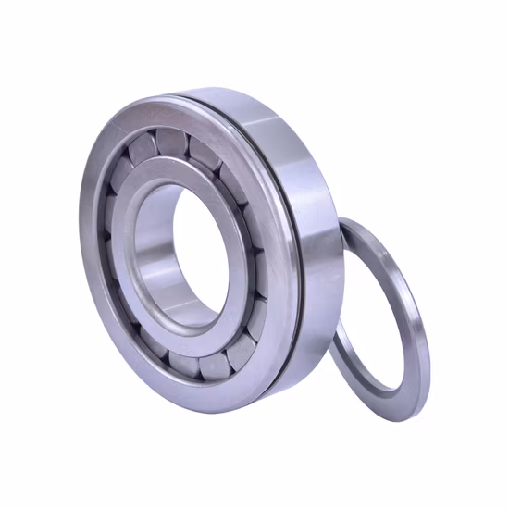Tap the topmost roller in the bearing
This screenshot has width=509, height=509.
point(171,142)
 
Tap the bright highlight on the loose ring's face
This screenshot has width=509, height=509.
point(412,278)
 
